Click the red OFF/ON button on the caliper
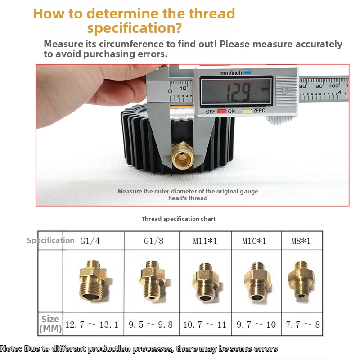pos(222,112)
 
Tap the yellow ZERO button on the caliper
pos(247,111)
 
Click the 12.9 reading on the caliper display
pos(239,92)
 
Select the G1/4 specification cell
pos(94,241)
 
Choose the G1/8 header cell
pos(152,241)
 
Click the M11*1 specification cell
pos(206,241)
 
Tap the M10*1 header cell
pos(256,241)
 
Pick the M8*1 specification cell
pos(302,241)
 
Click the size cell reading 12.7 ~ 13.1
pos(94,324)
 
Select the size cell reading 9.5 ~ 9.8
pos(152,324)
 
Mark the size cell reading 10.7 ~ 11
pos(206,324)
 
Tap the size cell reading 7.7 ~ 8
pos(302,324)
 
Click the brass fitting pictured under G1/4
pos(94,280)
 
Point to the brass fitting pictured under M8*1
pos(301,279)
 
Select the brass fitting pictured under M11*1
pos(207,282)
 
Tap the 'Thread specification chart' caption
pos(178,219)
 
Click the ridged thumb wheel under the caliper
pos(279,120)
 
